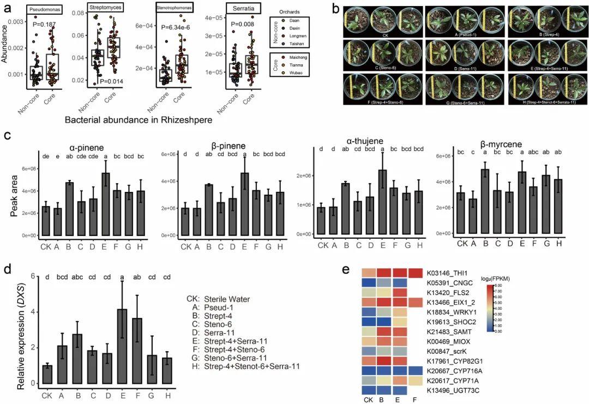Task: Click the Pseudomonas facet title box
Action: point(45,10)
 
